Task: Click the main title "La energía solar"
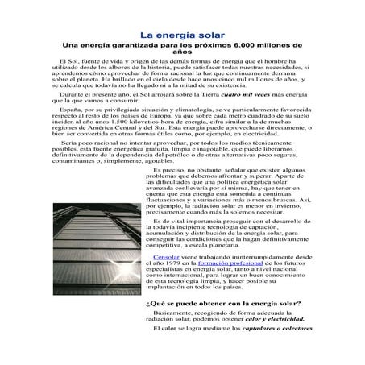182,35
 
